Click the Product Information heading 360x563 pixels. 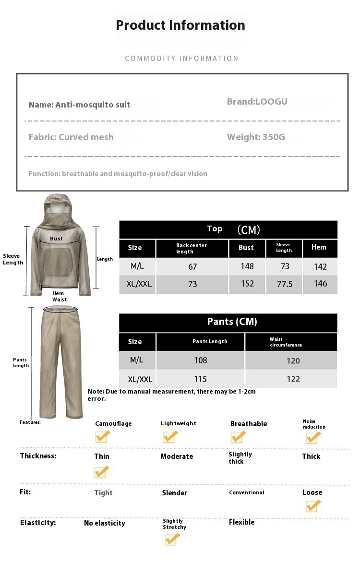180,25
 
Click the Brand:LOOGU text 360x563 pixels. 257,101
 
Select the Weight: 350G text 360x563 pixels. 256,137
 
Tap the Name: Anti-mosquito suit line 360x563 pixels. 80,105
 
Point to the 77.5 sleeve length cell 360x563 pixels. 284,284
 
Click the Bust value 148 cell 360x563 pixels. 247,266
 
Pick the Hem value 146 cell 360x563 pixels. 320,284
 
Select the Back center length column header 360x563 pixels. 192,248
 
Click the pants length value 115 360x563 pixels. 200,379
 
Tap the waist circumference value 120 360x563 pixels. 293,361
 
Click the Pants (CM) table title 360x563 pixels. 232,322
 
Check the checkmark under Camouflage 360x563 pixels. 102,437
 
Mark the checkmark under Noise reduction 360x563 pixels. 313,438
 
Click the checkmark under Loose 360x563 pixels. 313,506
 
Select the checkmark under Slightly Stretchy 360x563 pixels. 172,539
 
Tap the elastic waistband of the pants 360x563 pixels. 60,309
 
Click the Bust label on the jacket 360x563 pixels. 56,239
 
